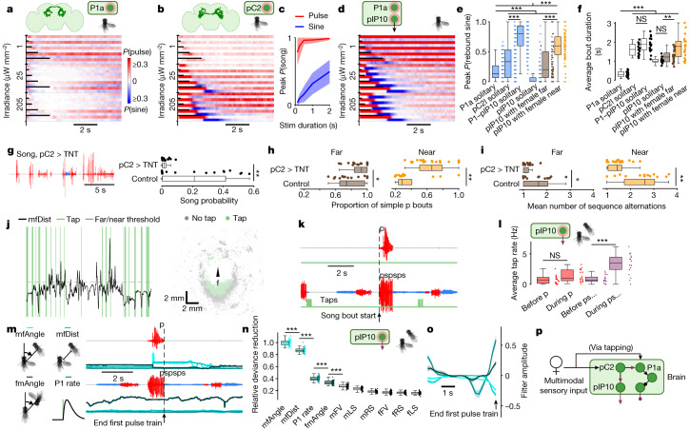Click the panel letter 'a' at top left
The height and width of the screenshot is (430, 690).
point(7,6)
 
